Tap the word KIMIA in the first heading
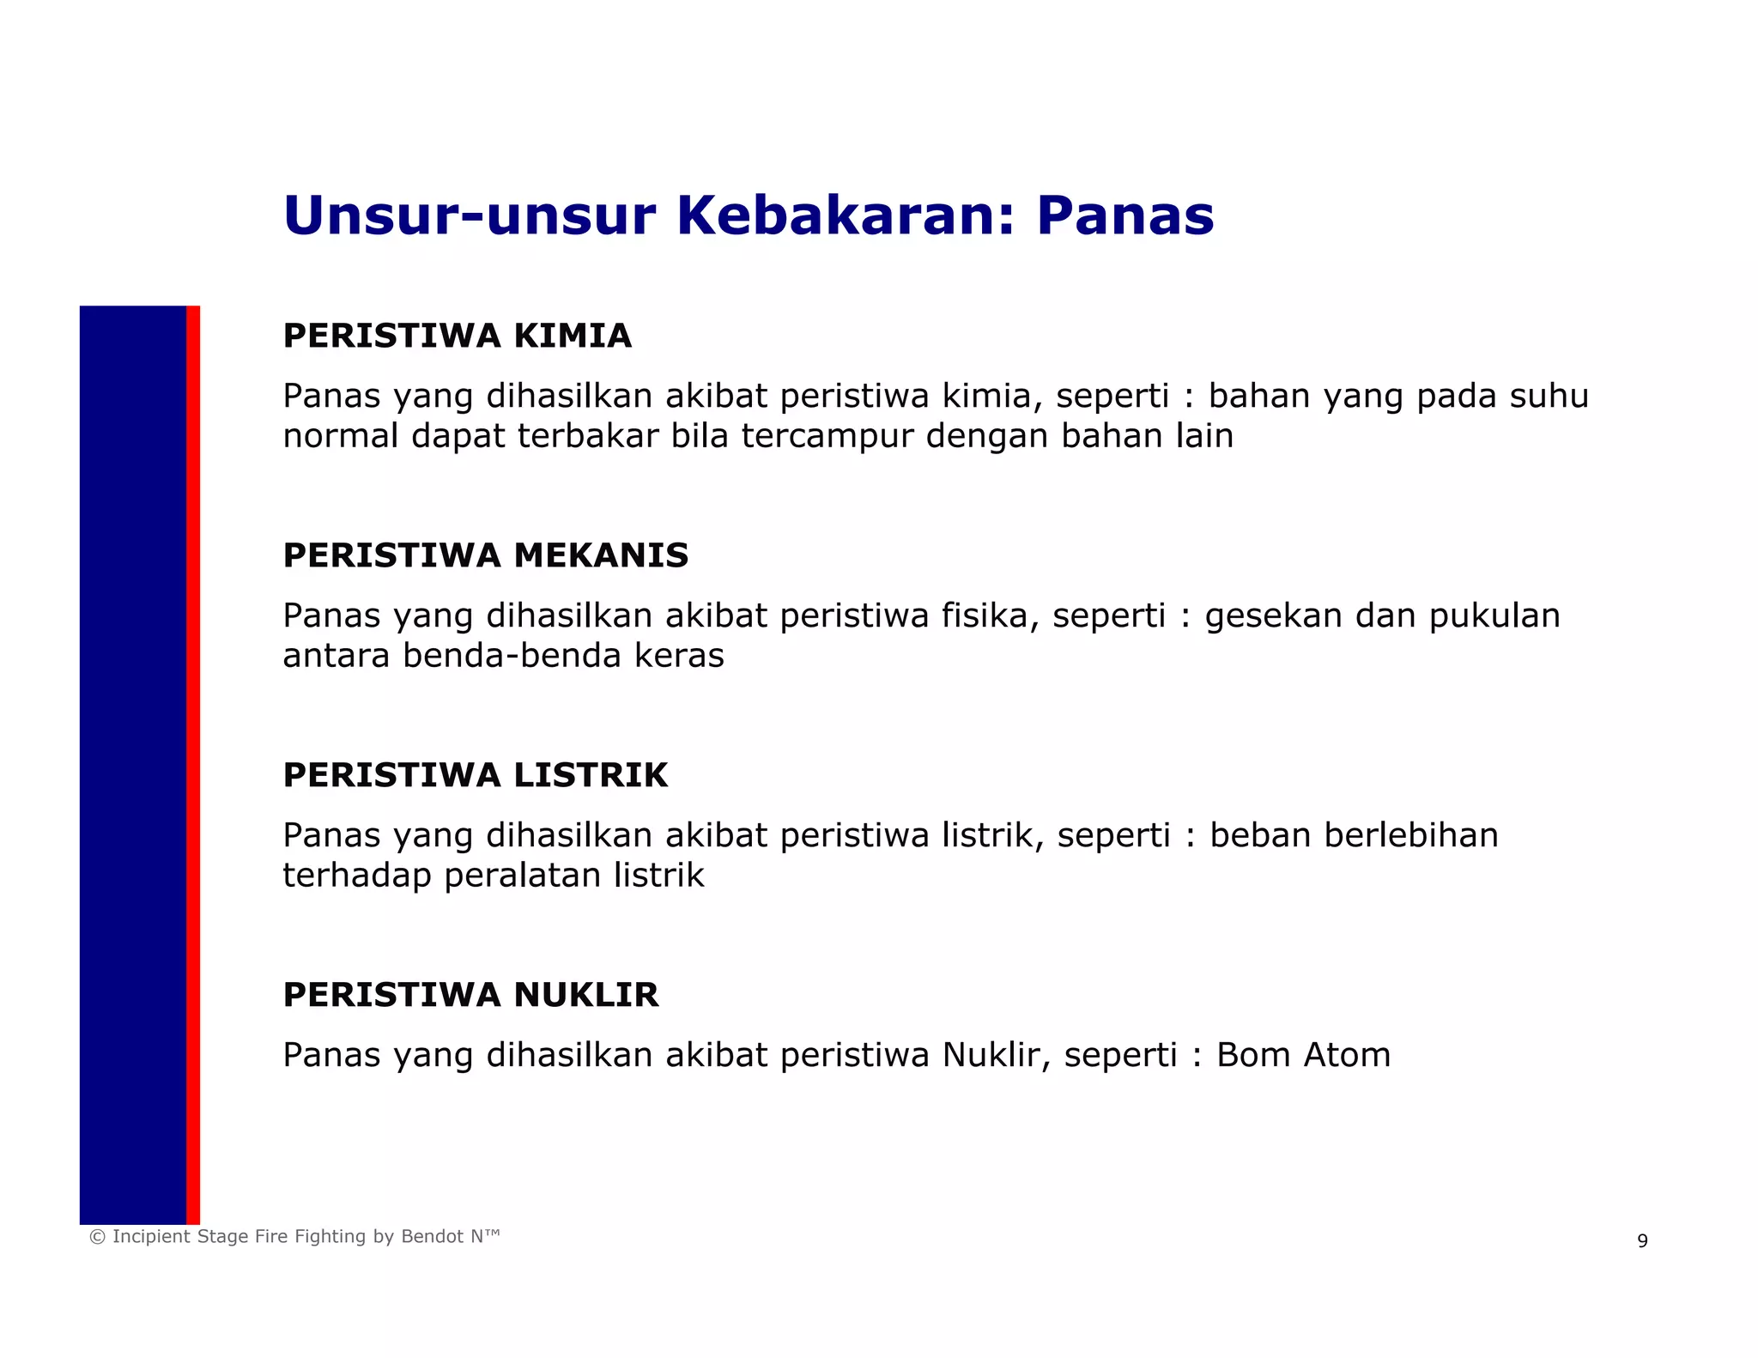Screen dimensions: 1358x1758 (x=573, y=336)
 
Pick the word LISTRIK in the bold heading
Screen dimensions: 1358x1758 (x=591, y=775)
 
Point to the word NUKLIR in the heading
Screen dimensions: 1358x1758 (x=586, y=995)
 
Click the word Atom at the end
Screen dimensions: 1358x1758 (x=1347, y=1055)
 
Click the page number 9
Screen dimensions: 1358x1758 (x=1642, y=1241)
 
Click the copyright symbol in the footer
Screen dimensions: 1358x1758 (x=97, y=1237)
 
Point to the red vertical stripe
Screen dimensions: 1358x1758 (x=193, y=764)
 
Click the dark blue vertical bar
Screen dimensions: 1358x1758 (x=133, y=764)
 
